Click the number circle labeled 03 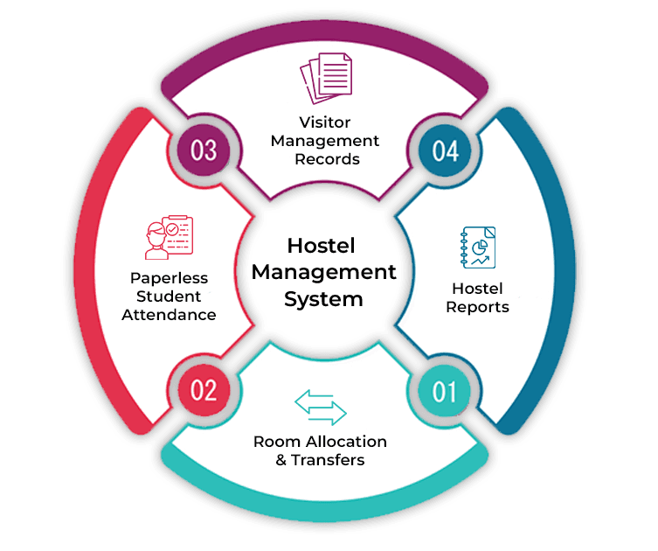(204, 150)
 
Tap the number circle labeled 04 (445, 150)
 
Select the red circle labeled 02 (204, 388)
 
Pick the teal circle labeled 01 (445, 389)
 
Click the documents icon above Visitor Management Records (325, 80)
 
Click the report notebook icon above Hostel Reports (478, 248)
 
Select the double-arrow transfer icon (321, 407)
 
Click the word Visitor (325, 122)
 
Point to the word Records (326, 160)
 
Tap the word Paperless (170, 277)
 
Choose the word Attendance (170, 315)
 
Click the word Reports (477, 307)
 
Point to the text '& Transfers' (320, 460)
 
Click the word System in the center (323, 298)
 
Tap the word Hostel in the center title (323, 246)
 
